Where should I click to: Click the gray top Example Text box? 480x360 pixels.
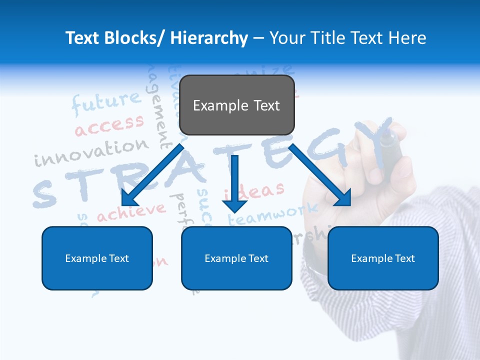pos(236,105)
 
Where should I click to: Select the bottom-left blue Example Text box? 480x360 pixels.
pos(97,258)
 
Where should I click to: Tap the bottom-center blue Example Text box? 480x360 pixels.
pos(236,258)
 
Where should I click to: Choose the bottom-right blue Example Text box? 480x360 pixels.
pos(383,258)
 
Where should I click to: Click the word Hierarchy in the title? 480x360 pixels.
pos(208,38)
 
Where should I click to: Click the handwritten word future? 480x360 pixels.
pos(106,102)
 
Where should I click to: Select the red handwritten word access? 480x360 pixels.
pos(109,125)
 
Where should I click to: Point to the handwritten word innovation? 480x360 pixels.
pos(91,152)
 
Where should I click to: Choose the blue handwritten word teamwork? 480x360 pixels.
pos(272,214)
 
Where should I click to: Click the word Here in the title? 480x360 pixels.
pos(406,38)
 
